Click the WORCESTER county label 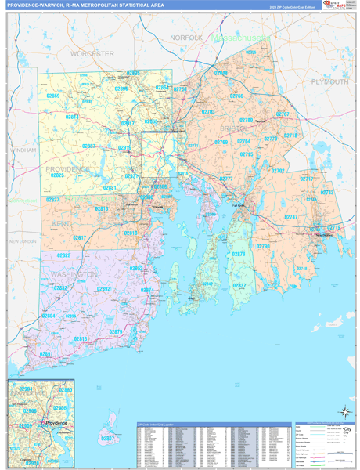pos(92,53)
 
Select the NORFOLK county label pos(186,38)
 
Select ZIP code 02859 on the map pos(53,96)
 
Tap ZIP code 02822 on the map pos(64,255)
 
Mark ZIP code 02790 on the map pos(263,246)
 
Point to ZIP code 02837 pos(239,286)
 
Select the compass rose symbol pos(344,410)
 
